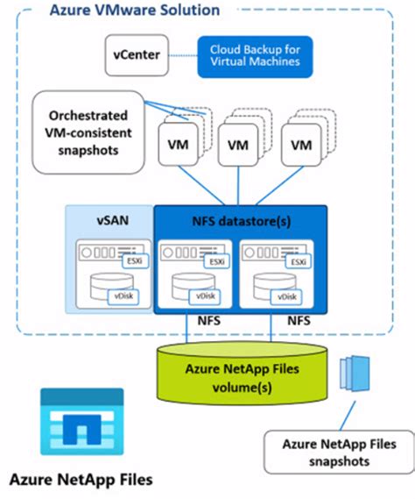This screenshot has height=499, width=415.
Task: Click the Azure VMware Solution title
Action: coord(146,11)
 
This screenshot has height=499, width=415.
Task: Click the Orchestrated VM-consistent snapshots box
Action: coord(76,131)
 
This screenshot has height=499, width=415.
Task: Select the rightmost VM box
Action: coord(300,144)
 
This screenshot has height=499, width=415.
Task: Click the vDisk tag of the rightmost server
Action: coord(298,298)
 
